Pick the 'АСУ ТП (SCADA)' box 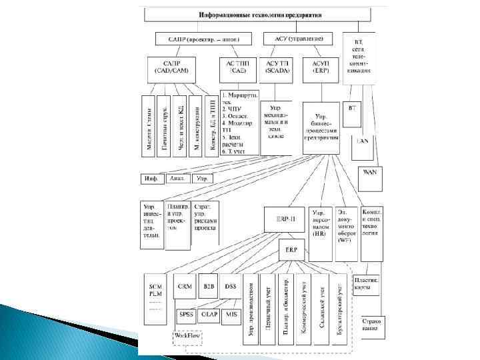[277, 67]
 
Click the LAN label [363, 141]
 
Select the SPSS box [185, 314]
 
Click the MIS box [231, 314]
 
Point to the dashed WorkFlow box [188, 337]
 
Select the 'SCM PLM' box [155, 297]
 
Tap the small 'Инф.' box [151, 179]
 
